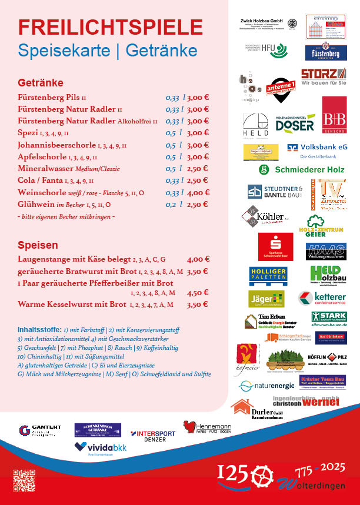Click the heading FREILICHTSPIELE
[111, 27]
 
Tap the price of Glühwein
[198, 205]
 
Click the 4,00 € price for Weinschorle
[198, 192]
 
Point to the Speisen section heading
[38, 245]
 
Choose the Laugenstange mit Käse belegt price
[198, 259]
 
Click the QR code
[24, 479]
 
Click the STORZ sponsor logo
[323, 77]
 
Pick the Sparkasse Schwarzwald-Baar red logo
[275, 246]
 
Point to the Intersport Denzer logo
[152, 436]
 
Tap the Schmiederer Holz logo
[302, 169]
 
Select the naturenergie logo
[266, 386]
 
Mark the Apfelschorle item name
[42, 157]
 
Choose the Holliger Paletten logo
[268, 274]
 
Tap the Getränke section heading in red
[41, 83]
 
